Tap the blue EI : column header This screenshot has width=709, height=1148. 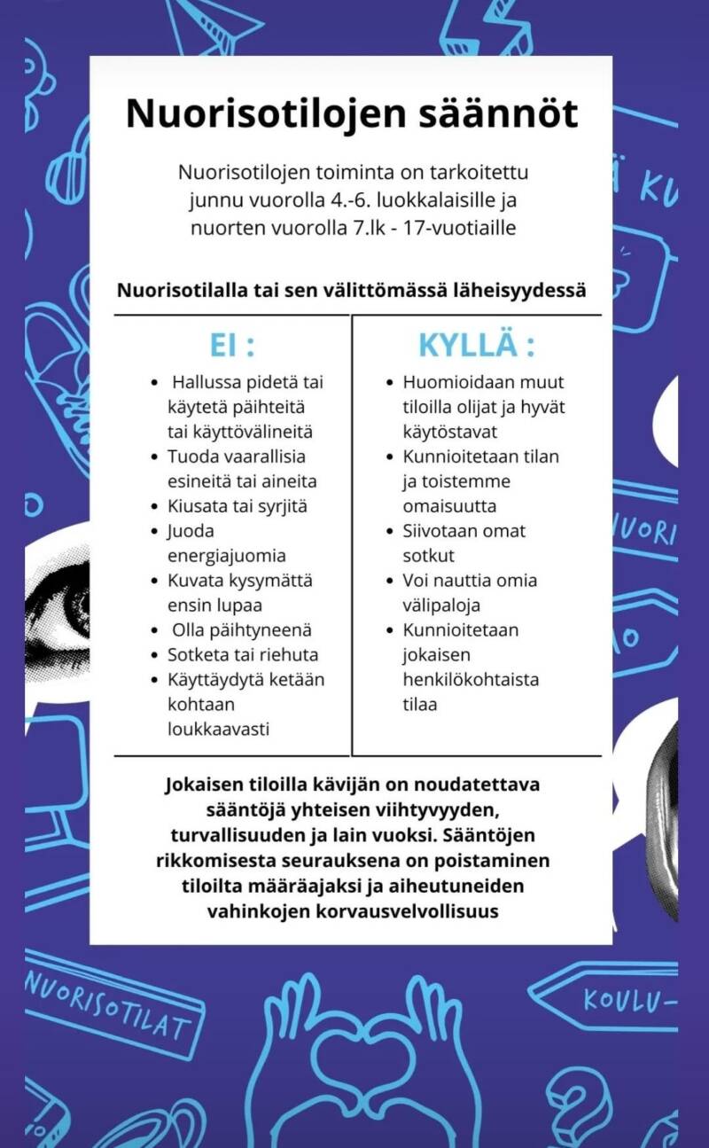(x=231, y=345)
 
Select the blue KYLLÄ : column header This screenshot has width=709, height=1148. (x=477, y=345)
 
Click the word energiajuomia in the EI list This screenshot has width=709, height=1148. (x=227, y=556)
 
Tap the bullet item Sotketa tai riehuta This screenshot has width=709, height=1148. (x=243, y=655)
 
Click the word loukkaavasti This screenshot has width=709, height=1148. (x=218, y=729)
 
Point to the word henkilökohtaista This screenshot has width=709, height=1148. (x=471, y=680)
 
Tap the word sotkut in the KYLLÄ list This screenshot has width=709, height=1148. (x=429, y=556)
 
